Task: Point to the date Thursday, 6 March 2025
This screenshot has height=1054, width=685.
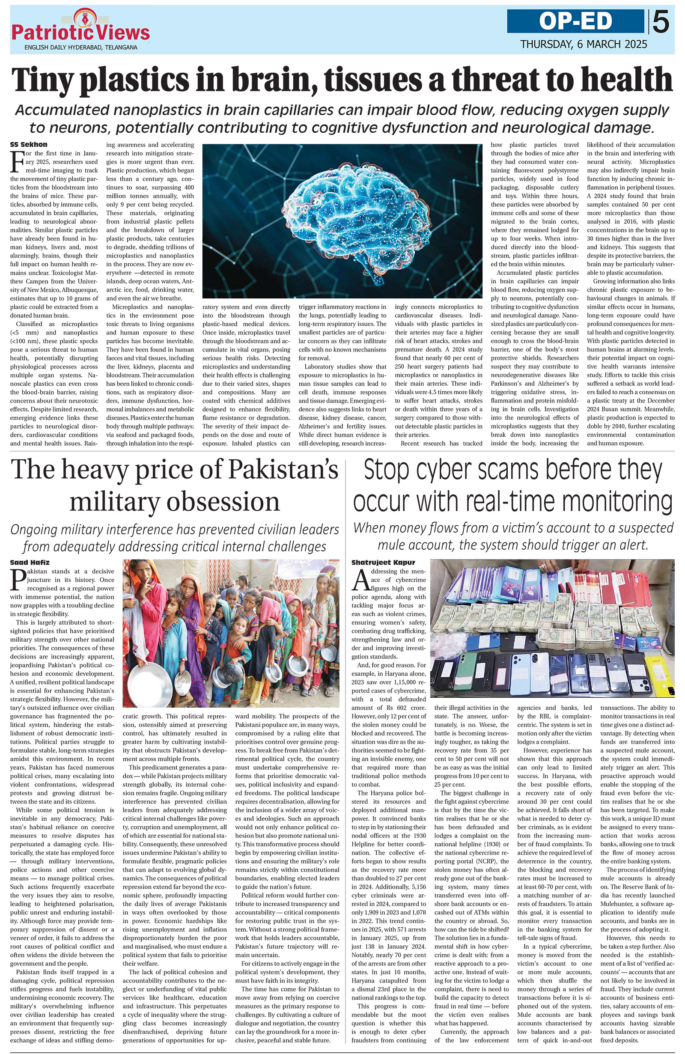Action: [x=583, y=44]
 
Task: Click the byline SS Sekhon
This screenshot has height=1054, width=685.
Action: [x=28, y=145]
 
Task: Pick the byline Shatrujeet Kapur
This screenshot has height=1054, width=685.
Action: [x=383, y=563]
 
